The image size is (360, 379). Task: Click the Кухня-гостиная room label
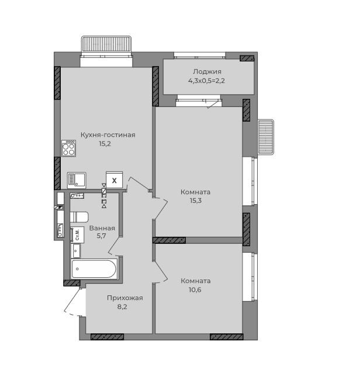tap(108, 135)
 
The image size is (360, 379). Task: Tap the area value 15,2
tap(105, 144)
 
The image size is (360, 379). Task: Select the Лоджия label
tap(207, 72)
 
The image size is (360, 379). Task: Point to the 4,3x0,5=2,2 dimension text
tap(206, 81)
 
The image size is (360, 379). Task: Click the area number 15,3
tap(195, 201)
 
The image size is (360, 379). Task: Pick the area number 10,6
tap(195, 290)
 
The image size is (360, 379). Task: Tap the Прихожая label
tap(125, 298)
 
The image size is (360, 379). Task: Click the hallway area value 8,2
tap(122, 307)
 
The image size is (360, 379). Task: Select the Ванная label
tap(102, 228)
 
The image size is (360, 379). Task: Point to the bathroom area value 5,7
tap(102, 236)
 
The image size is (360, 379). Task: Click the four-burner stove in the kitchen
tap(68, 148)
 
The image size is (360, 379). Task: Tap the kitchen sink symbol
tap(77, 180)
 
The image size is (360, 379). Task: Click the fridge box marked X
tap(114, 180)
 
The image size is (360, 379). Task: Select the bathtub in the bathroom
tap(94, 269)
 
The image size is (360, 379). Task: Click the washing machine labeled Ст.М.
tap(77, 235)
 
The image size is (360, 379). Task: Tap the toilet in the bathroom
tap(79, 217)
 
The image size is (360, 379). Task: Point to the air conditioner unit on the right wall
tap(266, 137)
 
